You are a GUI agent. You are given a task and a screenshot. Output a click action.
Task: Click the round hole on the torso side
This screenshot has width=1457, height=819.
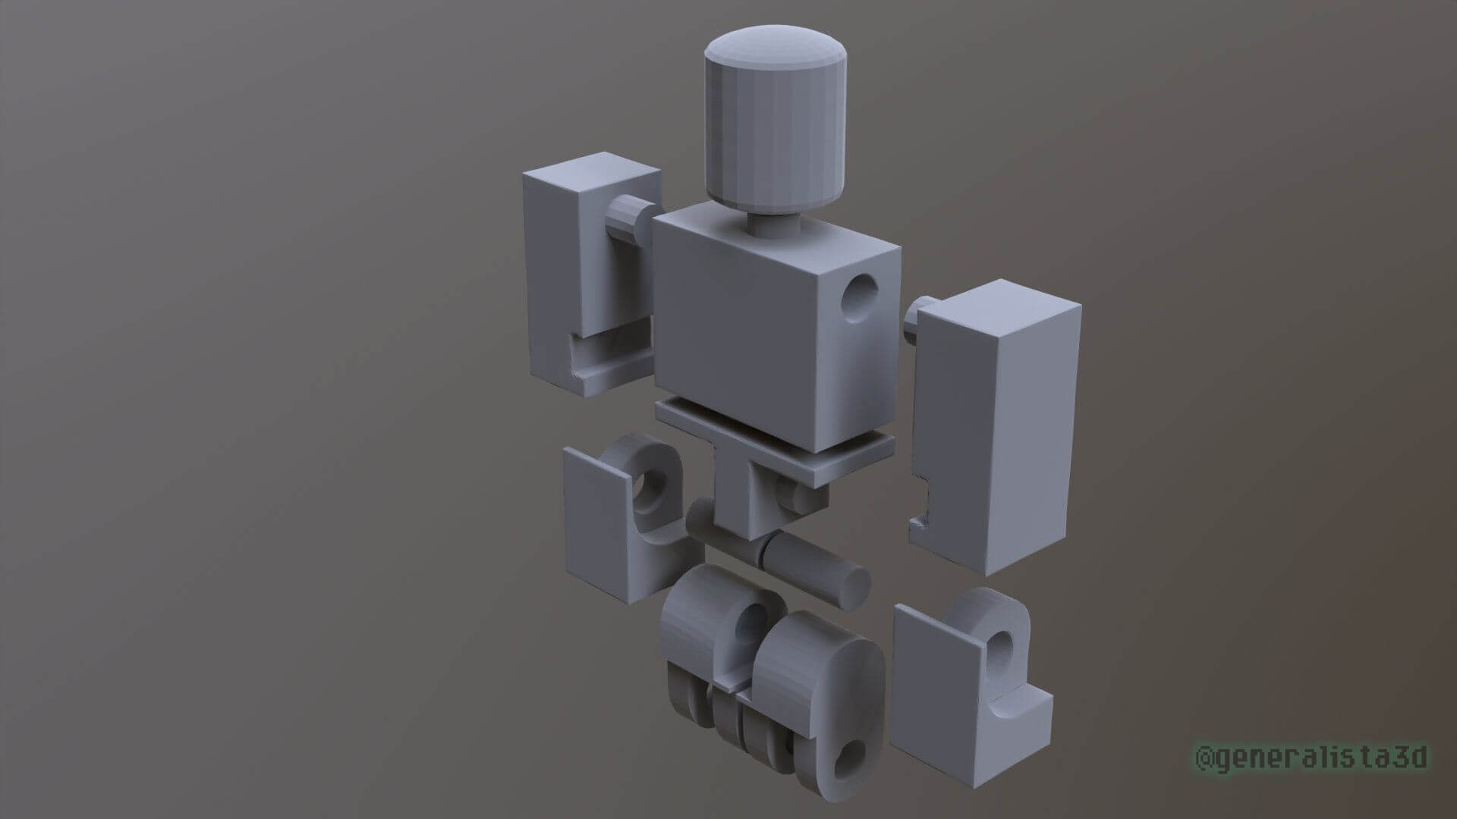(x=861, y=300)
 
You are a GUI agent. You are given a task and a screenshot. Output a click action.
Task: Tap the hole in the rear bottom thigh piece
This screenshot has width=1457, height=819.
(x=754, y=630)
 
